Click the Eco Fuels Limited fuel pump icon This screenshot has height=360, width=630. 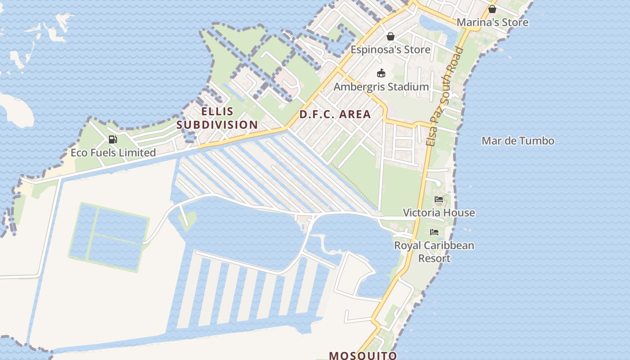113,139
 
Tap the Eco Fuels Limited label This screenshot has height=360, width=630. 113,153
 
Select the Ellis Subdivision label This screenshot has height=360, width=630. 217,118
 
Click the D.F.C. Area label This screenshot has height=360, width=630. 335,114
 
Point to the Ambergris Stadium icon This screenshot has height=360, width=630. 381,73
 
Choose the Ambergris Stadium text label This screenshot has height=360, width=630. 381,87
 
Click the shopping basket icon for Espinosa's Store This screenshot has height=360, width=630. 390,36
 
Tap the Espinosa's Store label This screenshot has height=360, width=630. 390,49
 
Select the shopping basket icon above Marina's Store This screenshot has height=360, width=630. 492,9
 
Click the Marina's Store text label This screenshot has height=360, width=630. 492,22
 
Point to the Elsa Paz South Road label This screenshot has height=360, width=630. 445,96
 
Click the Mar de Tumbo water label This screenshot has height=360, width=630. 517,141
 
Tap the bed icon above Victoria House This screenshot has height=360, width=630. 439,199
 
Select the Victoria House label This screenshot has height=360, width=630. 439,212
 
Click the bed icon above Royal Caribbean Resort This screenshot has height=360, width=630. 434,232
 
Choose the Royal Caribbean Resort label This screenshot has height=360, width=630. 434,252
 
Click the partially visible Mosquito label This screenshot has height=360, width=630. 363,355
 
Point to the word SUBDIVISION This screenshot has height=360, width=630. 217,125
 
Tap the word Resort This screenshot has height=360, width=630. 434,259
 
